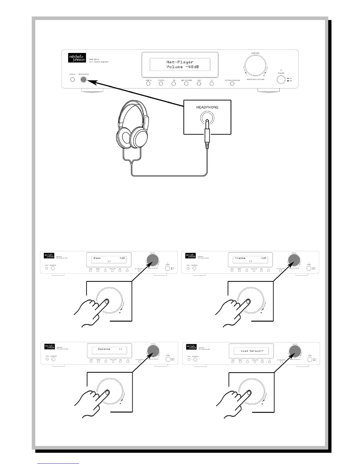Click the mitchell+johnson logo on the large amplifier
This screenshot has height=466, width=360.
[76, 57]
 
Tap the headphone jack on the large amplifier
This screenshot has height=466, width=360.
[84, 79]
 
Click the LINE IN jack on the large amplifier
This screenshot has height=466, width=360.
[72, 79]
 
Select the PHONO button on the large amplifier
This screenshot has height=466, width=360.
[161, 84]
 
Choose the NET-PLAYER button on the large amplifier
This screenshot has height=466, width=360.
[186, 84]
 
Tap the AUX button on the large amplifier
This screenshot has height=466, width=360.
[199, 84]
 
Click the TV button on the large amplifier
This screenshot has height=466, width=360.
[212, 84]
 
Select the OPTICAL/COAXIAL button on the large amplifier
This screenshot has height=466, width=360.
[232, 84]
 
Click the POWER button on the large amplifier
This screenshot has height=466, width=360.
[281, 79]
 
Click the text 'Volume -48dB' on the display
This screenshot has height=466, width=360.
[180, 67]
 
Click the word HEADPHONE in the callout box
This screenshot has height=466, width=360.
[207, 107]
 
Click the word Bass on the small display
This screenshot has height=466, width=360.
[97, 258]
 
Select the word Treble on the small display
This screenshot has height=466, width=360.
[240, 258]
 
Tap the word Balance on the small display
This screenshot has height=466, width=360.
[104, 349]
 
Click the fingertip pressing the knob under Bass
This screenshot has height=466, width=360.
[106, 301]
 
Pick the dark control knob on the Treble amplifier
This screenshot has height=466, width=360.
[294, 259]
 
